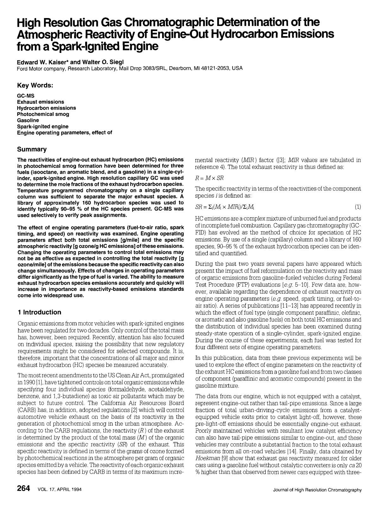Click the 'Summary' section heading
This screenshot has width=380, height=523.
coord(32,149)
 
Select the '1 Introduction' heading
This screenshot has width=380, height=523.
coord(39,312)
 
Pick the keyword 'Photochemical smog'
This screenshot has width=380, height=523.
coord(43,114)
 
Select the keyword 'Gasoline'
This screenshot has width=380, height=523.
coord(28,120)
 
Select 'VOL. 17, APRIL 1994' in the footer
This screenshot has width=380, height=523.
coord(60,490)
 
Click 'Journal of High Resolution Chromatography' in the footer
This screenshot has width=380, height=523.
coord(317,490)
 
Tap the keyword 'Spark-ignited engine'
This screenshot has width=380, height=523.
coord(42,126)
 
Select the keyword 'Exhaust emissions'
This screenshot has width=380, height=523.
coord(40,102)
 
